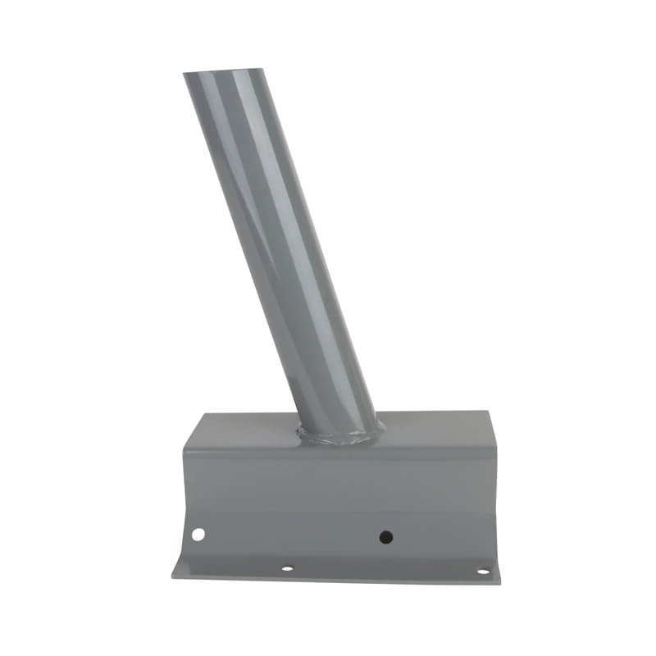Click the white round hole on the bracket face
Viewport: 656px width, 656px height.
(198, 535)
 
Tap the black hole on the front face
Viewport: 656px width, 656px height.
(385, 537)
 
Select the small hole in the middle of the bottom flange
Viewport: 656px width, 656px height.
(286, 567)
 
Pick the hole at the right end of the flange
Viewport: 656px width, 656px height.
(483, 571)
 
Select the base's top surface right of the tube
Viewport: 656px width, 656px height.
(435, 429)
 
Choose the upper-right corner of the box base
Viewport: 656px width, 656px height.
(490, 412)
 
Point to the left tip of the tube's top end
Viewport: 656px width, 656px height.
(184, 75)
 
